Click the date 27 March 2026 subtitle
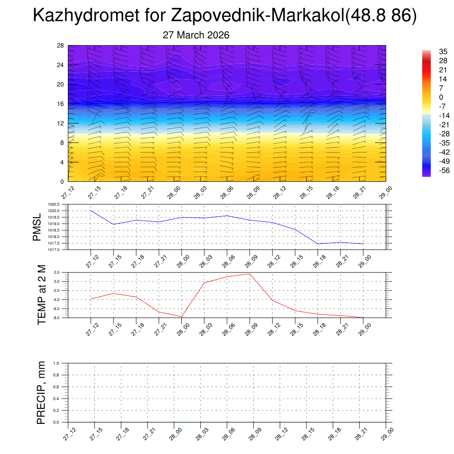[196, 35]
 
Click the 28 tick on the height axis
[61, 46]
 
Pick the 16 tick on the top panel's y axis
[61, 104]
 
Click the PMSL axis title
[37, 227]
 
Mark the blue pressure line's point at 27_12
[91, 211]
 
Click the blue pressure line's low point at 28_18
[318, 244]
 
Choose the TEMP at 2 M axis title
[42, 295]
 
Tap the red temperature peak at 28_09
[250, 274]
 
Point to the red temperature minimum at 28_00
[181, 317]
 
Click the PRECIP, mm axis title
[42, 393]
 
